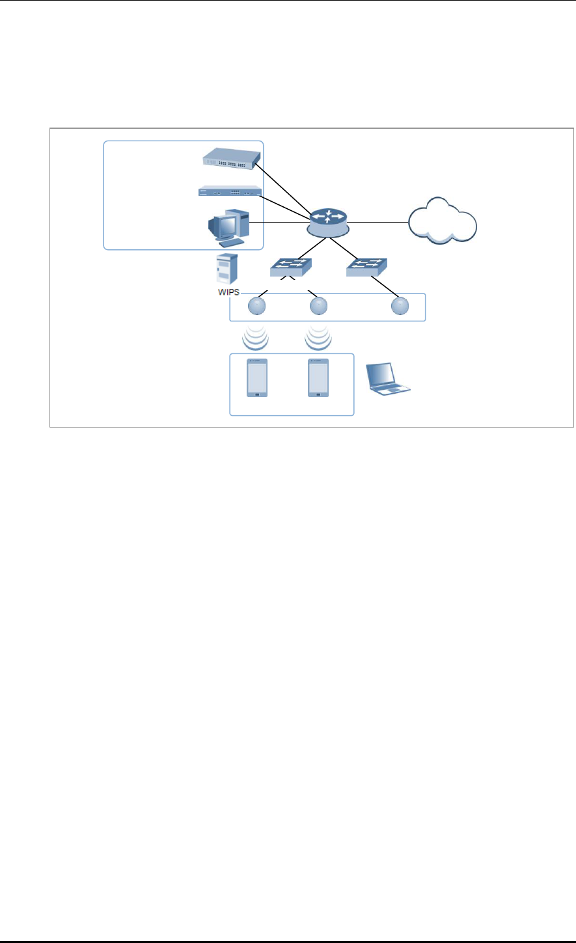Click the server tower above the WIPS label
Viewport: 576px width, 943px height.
pyautogui.click(x=226, y=267)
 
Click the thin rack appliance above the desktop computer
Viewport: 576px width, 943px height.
pyautogui.click(x=230, y=192)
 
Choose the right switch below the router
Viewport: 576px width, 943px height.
pyautogui.click(x=367, y=267)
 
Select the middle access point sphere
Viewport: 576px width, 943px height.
pyautogui.click(x=318, y=306)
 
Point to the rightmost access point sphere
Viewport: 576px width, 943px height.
pyautogui.click(x=400, y=306)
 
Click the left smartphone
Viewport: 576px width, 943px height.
pyautogui.click(x=257, y=378)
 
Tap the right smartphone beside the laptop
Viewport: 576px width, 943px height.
pyautogui.click(x=318, y=378)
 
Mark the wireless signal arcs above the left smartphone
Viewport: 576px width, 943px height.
pyautogui.click(x=254, y=336)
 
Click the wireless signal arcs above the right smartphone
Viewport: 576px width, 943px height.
pyautogui.click(x=318, y=336)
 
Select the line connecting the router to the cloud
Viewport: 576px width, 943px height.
pyautogui.click(x=379, y=223)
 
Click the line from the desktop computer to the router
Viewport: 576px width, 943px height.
pyautogui.click(x=280, y=223)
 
